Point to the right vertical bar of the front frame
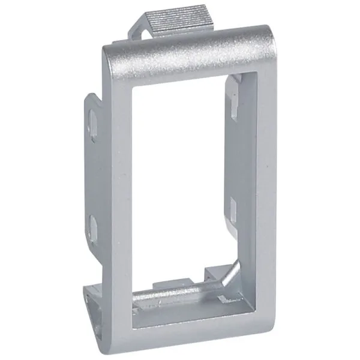coord(250,198)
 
